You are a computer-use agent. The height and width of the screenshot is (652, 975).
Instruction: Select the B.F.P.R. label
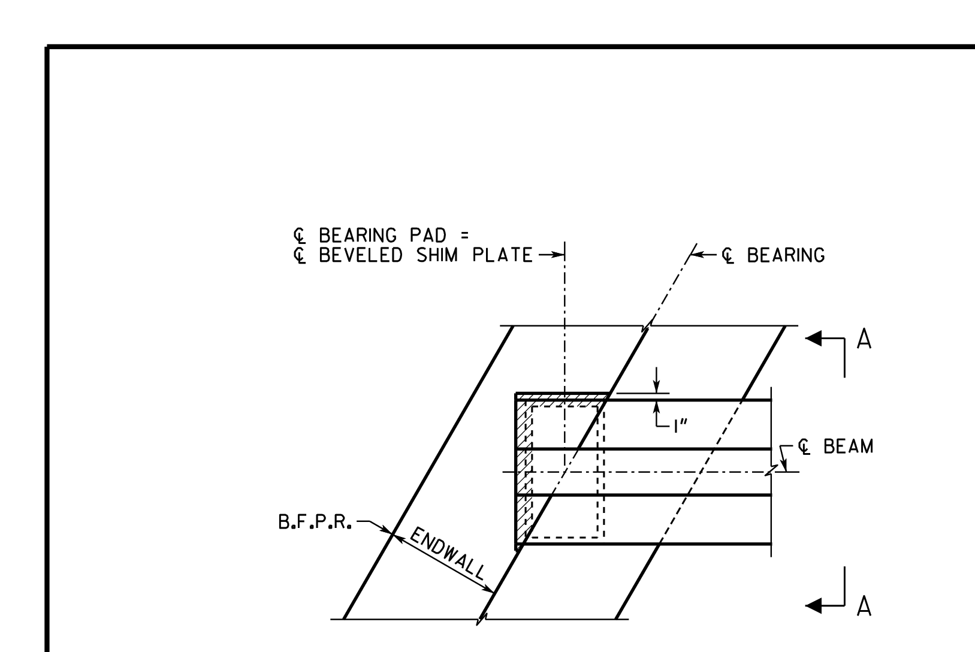click(315, 522)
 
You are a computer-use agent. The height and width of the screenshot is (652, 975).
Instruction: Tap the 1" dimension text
click(680, 427)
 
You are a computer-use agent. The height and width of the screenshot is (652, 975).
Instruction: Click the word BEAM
click(849, 446)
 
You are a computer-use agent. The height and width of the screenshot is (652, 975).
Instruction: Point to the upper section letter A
click(864, 339)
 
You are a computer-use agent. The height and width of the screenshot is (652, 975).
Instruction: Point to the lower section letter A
click(864, 606)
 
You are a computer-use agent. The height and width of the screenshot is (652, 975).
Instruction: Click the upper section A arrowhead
click(813, 338)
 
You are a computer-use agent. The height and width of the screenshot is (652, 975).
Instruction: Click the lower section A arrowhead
click(813, 605)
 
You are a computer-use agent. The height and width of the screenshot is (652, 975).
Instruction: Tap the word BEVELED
click(361, 255)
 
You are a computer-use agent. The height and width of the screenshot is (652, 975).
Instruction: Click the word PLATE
click(502, 255)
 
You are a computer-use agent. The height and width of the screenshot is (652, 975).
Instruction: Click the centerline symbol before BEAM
click(804, 447)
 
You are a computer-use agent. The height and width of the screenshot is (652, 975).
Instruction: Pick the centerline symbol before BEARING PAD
click(300, 236)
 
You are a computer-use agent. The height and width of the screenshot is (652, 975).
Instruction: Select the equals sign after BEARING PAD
click(464, 236)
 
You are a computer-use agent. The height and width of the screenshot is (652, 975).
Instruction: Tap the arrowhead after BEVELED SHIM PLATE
click(559, 255)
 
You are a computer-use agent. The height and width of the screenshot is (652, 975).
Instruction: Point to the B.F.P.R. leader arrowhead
click(386, 530)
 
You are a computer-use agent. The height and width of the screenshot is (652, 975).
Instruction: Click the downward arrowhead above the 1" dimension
click(657, 387)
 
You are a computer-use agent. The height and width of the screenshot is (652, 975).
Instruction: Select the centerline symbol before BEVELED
click(300, 255)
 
